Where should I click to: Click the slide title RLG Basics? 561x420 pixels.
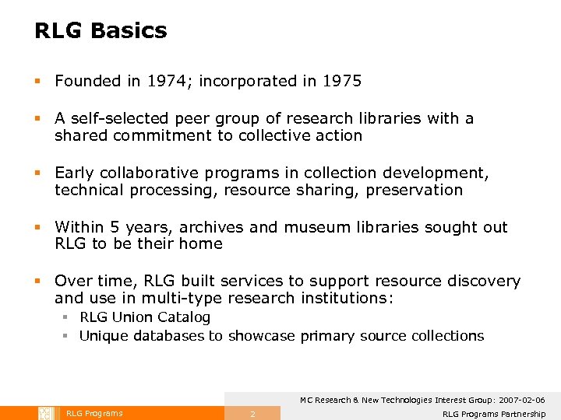[x=101, y=31]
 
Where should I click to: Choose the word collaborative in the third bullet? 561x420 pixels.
[x=144, y=173]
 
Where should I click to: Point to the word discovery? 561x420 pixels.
[x=485, y=281]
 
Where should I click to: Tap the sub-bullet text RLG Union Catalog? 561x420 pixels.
[x=145, y=317]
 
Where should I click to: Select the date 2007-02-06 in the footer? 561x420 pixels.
[x=517, y=400]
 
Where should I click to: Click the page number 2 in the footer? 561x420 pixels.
[x=252, y=414]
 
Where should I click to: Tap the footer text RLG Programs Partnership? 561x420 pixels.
[x=493, y=414]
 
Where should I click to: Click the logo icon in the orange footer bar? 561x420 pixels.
[x=45, y=413]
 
